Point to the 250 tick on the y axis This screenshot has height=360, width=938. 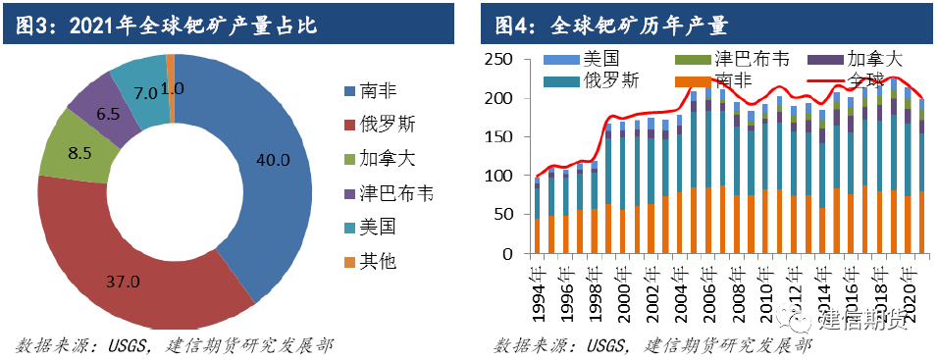click(x=504, y=61)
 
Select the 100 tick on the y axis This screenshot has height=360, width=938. click(x=504, y=177)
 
